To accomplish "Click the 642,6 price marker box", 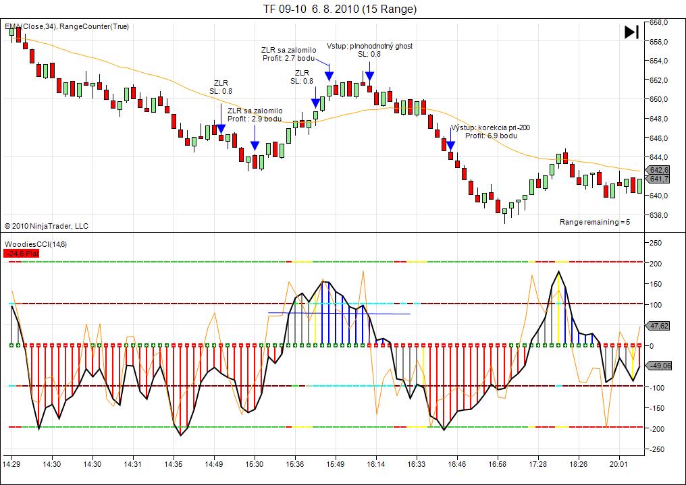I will [x=658, y=170].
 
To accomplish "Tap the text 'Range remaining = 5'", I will [x=595, y=222].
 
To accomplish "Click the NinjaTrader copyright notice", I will [x=47, y=226].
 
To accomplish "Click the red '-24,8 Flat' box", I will [x=22, y=254].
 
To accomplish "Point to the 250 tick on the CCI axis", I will [x=655, y=242].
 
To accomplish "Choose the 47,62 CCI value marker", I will [x=658, y=326].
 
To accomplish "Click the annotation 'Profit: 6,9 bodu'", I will [x=492, y=136].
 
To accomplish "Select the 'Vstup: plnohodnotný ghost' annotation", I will [x=369, y=46].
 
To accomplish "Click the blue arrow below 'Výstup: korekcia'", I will [x=450, y=145].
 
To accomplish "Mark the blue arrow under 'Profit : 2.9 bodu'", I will [x=255, y=145].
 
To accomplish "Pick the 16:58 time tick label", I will [x=498, y=464].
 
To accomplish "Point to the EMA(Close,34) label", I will [x=30, y=26].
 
